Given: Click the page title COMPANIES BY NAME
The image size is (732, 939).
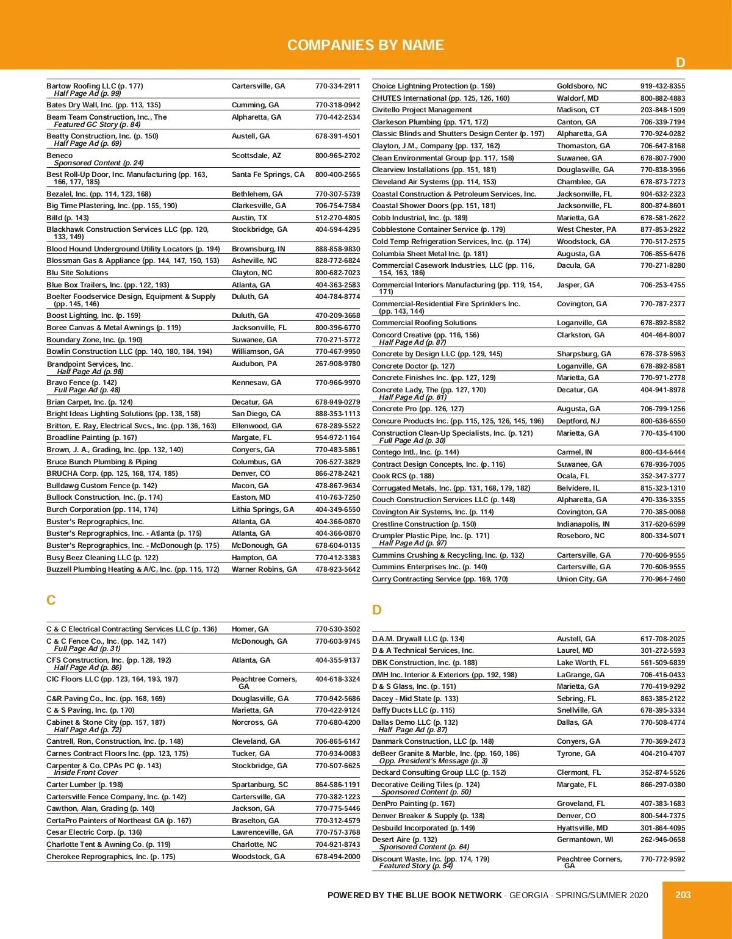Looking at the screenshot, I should pyautogui.click(x=365, y=45).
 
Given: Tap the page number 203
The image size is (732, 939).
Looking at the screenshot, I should pyautogui.click(x=683, y=894).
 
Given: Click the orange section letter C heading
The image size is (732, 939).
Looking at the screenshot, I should pyautogui.click(x=51, y=600).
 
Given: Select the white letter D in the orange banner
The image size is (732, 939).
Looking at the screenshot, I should pyautogui.click(x=681, y=63).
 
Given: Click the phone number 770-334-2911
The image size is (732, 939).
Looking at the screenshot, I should pyautogui.click(x=337, y=86).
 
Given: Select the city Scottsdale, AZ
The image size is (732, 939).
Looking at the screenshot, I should pyautogui.click(x=256, y=156).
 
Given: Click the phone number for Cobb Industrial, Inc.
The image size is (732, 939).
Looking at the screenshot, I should pyautogui.click(x=662, y=218).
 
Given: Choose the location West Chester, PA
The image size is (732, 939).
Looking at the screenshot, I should pyautogui.click(x=586, y=229).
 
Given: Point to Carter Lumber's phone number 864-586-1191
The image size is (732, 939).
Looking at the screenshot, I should pyautogui.click(x=337, y=785).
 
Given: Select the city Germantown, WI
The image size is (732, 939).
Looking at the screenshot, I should pyautogui.click(x=584, y=840).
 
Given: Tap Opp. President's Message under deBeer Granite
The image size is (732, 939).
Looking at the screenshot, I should pyautogui.click(x=433, y=761).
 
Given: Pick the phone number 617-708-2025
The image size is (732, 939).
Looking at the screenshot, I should pyautogui.click(x=662, y=639).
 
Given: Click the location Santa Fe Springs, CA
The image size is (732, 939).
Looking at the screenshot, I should pyautogui.click(x=268, y=174).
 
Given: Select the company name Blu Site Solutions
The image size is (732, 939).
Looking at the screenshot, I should pyautogui.click(x=77, y=273).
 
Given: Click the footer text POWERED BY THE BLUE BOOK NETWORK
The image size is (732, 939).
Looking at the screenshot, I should pyautogui.click(x=414, y=895).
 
